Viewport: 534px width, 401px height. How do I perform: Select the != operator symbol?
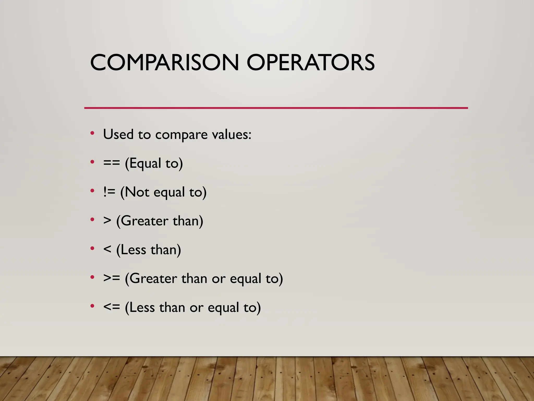click(109, 192)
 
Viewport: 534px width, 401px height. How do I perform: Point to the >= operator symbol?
click(112, 278)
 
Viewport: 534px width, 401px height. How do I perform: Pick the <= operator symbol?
click(112, 307)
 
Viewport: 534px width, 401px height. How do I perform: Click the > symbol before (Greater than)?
click(107, 221)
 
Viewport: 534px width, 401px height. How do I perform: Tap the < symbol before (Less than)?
click(107, 250)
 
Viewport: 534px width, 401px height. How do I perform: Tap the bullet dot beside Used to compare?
click(92, 133)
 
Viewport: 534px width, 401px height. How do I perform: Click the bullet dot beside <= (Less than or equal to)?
click(92, 306)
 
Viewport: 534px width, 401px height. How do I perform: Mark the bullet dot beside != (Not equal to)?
click(92, 191)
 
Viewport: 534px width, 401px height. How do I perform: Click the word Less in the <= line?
click(142, 307)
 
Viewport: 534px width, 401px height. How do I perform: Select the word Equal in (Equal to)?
click(145, 163)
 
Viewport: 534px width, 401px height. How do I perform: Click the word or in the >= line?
click(219, 279)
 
